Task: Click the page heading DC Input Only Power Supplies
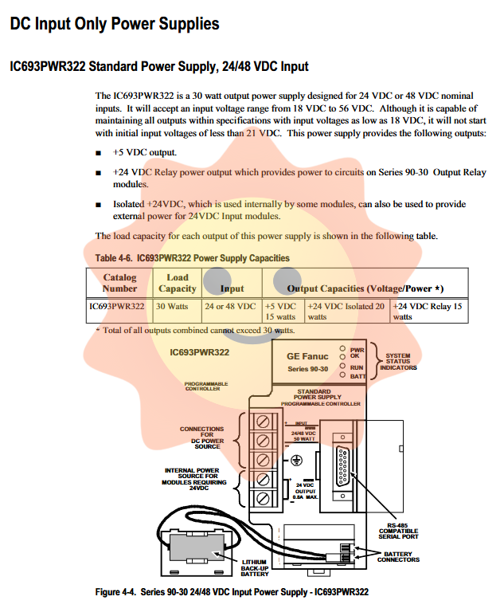115,24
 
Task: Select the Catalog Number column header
119,283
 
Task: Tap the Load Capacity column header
178,283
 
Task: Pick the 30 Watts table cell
172,307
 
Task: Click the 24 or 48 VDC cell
230,307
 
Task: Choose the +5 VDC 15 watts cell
280,312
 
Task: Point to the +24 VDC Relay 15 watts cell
428,312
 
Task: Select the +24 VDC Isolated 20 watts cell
346,312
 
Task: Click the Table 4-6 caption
193,258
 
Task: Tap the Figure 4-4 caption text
232,592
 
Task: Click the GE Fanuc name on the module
307,356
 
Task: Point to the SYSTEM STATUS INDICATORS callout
398,362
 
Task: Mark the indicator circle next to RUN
342,366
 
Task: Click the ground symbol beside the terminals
296,460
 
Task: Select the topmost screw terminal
263,422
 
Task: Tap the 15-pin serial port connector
342,467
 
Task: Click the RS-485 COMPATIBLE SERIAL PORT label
398,532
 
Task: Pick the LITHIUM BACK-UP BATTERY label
255,568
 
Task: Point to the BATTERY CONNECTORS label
398,557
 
